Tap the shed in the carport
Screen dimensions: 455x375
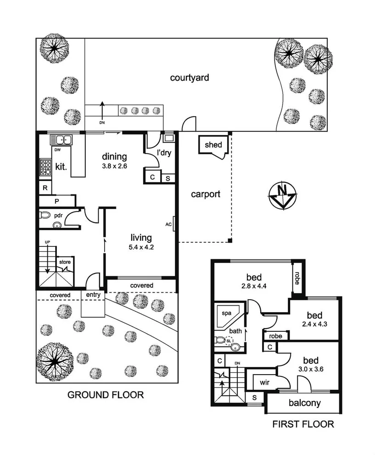(x=213, y=145)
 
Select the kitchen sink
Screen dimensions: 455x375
(x=61, y=140)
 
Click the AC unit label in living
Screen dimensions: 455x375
(x=168, y=224)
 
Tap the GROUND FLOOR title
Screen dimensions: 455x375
(x=106, y=394)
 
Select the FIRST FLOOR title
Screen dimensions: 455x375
(x=303, y=424)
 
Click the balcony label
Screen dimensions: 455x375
(x=304, y=404)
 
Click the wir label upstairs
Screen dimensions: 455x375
(x=264, y=382)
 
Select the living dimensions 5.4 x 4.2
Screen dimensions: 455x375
(x=141, y=247)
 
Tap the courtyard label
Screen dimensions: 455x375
(x=190, y=78)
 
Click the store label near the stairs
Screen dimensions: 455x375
(x=65, y=262)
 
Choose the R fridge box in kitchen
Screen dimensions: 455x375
(x=45, y=188)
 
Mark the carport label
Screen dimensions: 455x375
(x=206, y=194)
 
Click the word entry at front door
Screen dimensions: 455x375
(x=91, y=295)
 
